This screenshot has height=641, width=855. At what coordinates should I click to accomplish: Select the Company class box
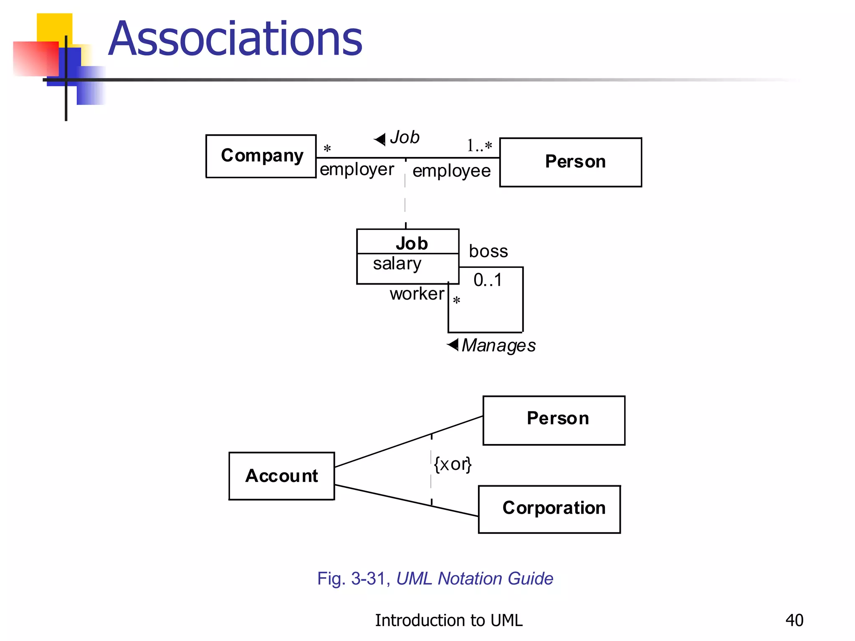[x=261, y=156]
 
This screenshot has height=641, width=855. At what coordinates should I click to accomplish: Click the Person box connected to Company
[x=570, y=162]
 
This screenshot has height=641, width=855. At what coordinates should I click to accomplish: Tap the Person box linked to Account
[x=554, y=420]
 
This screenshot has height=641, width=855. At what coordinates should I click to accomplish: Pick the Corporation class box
[x=549, y=509]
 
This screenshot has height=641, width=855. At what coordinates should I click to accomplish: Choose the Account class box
[x=282, y=476]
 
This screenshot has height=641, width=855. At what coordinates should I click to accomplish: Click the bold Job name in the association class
[x=412, y=243]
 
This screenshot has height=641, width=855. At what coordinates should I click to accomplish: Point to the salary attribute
[x=397, y=264]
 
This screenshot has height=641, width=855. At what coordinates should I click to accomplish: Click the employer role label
[x=357, y=169]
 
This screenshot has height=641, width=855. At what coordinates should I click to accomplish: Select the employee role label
[x=451, y=171]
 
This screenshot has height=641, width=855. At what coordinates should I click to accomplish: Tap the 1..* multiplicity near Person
[x=479, y=146]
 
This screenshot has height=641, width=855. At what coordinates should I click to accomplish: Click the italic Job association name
[x=405, y=137]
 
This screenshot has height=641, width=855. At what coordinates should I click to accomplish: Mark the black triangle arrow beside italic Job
[x=380, y=139]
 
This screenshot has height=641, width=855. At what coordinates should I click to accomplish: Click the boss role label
[x=488, y=251]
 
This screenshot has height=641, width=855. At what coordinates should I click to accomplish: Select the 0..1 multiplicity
[x=488, y=280]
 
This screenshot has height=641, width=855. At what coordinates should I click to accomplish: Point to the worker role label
[x=417, y=294]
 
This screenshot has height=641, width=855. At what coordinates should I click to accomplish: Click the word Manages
[x=498, y=346]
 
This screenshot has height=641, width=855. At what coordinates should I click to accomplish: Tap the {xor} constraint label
[x=453, y=464]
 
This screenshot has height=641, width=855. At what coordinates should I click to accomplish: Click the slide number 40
[x=794, y=620]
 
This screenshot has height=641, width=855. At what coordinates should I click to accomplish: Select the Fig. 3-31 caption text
[x=435, y=578]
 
